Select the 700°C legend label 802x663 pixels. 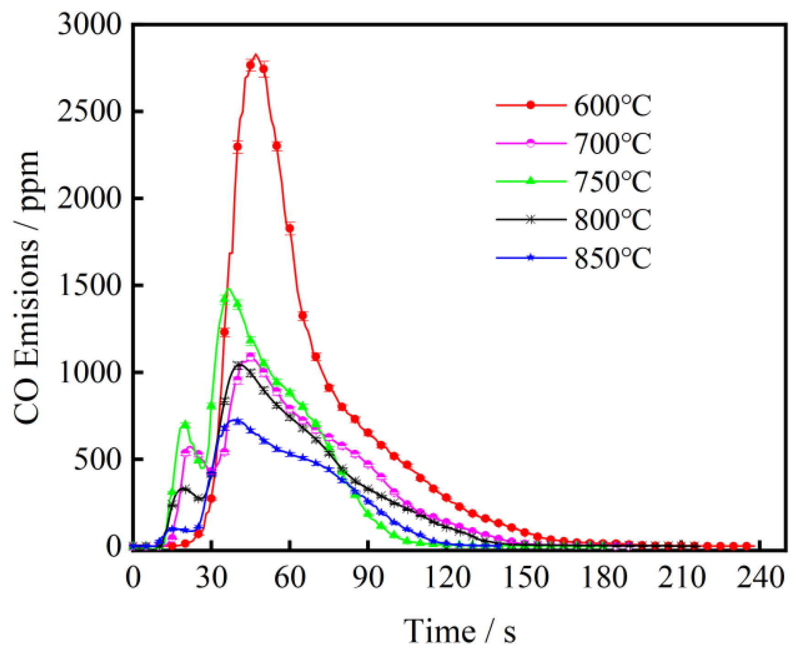612,144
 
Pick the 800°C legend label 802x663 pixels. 612,220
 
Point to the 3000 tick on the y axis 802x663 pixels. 89,25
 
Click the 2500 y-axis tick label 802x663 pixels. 89,111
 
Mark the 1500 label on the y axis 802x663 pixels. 89,285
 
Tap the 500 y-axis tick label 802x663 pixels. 97,459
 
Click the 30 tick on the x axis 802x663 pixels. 211,577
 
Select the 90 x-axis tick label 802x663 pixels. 369,577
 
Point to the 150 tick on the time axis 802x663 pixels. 526,577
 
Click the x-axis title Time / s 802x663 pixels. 459,632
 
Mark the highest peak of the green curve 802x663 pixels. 229,288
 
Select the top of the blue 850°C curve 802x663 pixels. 237,420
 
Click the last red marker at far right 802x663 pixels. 747,546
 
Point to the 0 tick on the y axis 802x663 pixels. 113,546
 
